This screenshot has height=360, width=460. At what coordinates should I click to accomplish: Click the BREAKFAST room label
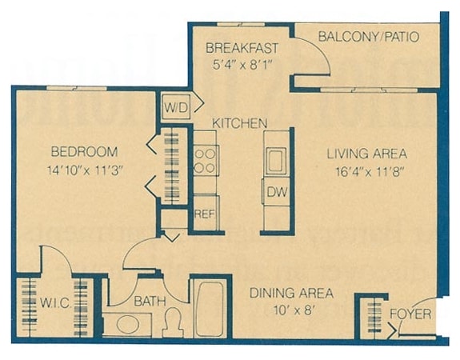pyautogui.click(x=238, y=46)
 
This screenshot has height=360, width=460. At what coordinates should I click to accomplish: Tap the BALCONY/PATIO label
pyautogui.click(x=368, y=37)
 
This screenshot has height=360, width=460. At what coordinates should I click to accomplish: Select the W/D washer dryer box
pyautogui.click(x=176, y=106)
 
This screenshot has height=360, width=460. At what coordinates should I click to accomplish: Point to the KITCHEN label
pyautogui.click(x=239, y=123)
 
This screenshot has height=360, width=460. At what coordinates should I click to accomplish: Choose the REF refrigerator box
pyautogui.click(x=205, y=214)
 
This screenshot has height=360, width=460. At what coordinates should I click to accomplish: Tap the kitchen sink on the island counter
pyautogui.click(x=276, y=158)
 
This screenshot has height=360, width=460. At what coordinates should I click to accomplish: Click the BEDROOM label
pyautogui.click(x=84, y=152)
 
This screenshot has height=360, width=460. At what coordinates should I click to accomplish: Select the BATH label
pyautogui.click(x=150, y=302)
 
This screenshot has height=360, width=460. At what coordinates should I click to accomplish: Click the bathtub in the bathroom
pyautogui.click(x=211, y=309)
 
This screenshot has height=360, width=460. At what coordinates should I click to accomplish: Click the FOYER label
pyautogui.click(x=410, y=313)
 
